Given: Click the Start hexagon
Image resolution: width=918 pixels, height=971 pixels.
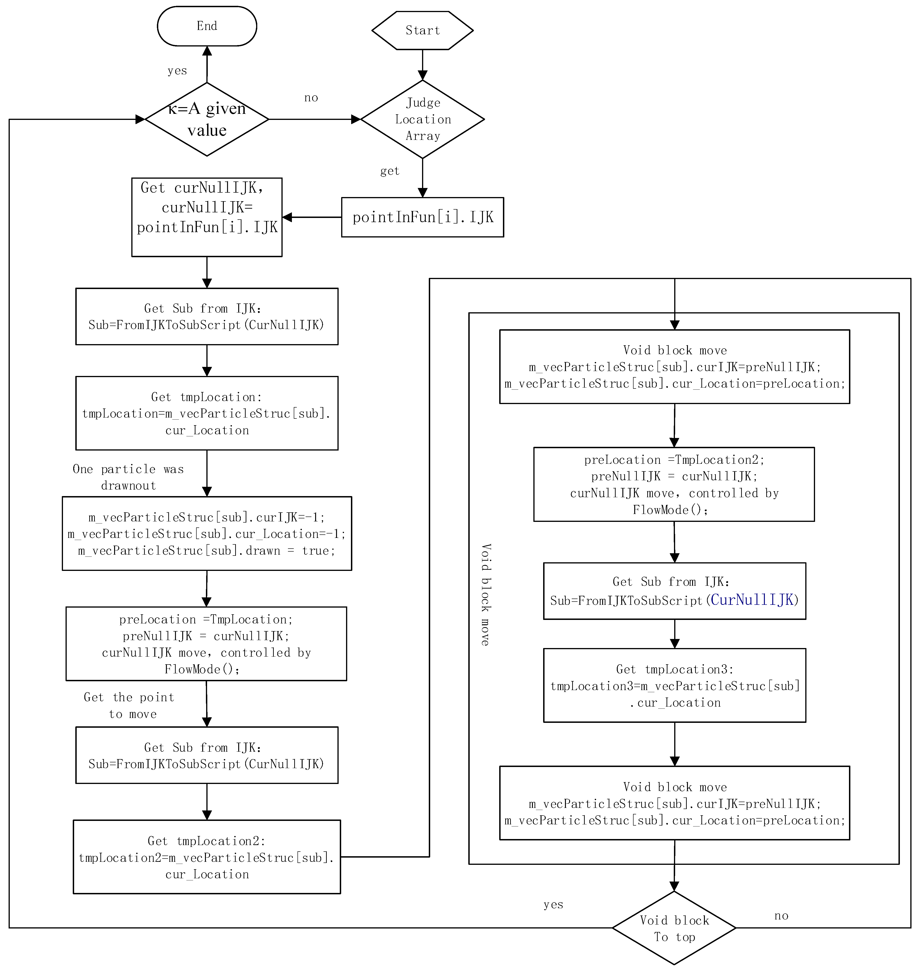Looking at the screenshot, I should pos(422,30).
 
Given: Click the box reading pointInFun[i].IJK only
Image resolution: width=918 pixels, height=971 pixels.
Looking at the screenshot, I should pos(422,217).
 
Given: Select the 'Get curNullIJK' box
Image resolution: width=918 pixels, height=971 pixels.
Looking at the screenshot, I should pos(207,217).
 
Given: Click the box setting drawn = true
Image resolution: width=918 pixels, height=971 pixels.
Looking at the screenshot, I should pos(207,534).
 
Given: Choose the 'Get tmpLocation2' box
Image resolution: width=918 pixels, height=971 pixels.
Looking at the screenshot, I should pos(207,858).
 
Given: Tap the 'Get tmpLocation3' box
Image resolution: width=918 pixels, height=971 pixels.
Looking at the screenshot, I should pos(674,686).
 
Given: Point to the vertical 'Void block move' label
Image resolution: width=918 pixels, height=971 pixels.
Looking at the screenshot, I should pos(485,594).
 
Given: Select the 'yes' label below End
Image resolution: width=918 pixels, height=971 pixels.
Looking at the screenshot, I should pos(177,71).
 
